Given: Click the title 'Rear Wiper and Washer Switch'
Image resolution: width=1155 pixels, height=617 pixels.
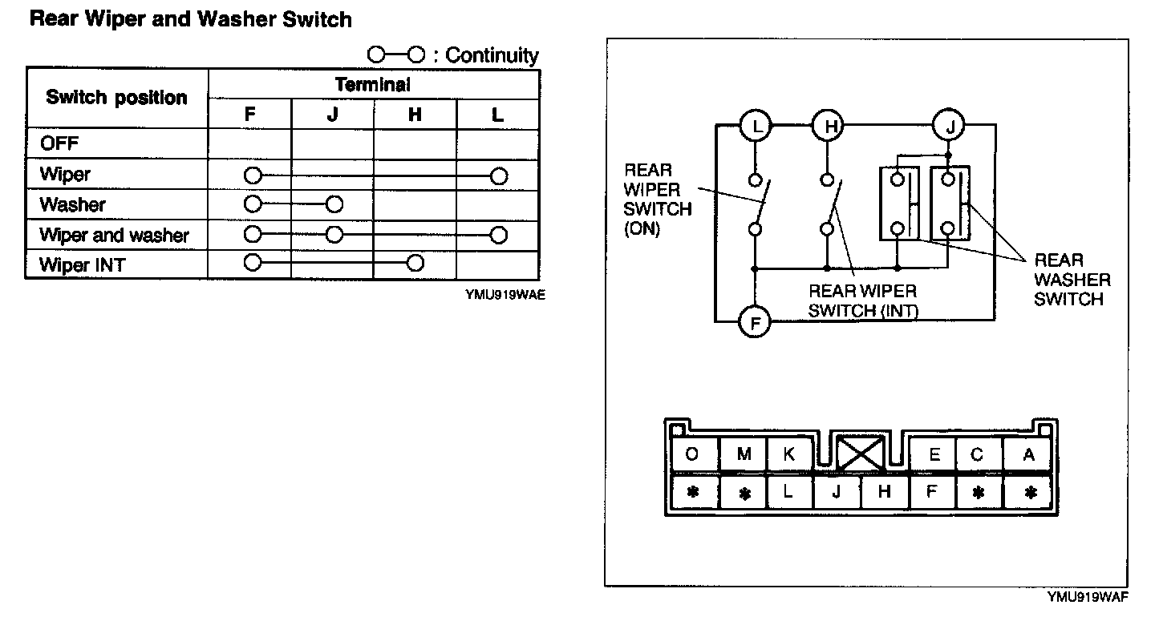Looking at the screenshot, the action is tap(190, 19).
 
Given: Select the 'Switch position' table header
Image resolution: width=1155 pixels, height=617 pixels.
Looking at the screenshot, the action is tap(116, 98).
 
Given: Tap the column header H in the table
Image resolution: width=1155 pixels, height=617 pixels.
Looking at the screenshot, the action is tap(415, 115).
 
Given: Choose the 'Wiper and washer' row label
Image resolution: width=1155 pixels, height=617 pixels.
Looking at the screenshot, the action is tap(114, 235).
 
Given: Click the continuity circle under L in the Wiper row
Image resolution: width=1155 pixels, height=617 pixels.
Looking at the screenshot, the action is tap(499, 175).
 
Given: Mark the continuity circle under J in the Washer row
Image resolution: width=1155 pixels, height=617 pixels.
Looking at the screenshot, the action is tap(334, 204).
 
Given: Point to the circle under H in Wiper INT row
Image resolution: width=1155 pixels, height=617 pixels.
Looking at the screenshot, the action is tap(415, 263).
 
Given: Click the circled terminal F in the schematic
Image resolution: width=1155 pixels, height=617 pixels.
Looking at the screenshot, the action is tap(754, 323).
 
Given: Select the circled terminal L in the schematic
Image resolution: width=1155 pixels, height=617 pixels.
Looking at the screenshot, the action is tap(754, 125).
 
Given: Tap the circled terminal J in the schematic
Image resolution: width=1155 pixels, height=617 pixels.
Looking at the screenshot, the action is tap(949, 125).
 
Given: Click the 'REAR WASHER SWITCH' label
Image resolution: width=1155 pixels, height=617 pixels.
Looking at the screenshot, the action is tap(1072, 280).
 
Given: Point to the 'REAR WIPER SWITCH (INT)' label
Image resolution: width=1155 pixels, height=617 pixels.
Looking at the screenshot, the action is tap(862, 300).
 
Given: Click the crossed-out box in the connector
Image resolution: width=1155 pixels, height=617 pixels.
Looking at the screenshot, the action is tap(860, 454).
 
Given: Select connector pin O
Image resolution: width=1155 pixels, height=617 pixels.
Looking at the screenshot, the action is tap(692, 455).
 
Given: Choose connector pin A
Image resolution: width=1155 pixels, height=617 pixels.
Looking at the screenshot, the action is tap(1028, 455).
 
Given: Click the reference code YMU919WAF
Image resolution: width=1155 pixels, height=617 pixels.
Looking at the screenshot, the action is tap(1088, 597).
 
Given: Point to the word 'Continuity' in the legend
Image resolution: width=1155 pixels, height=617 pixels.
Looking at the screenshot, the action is tap(492, 55).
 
